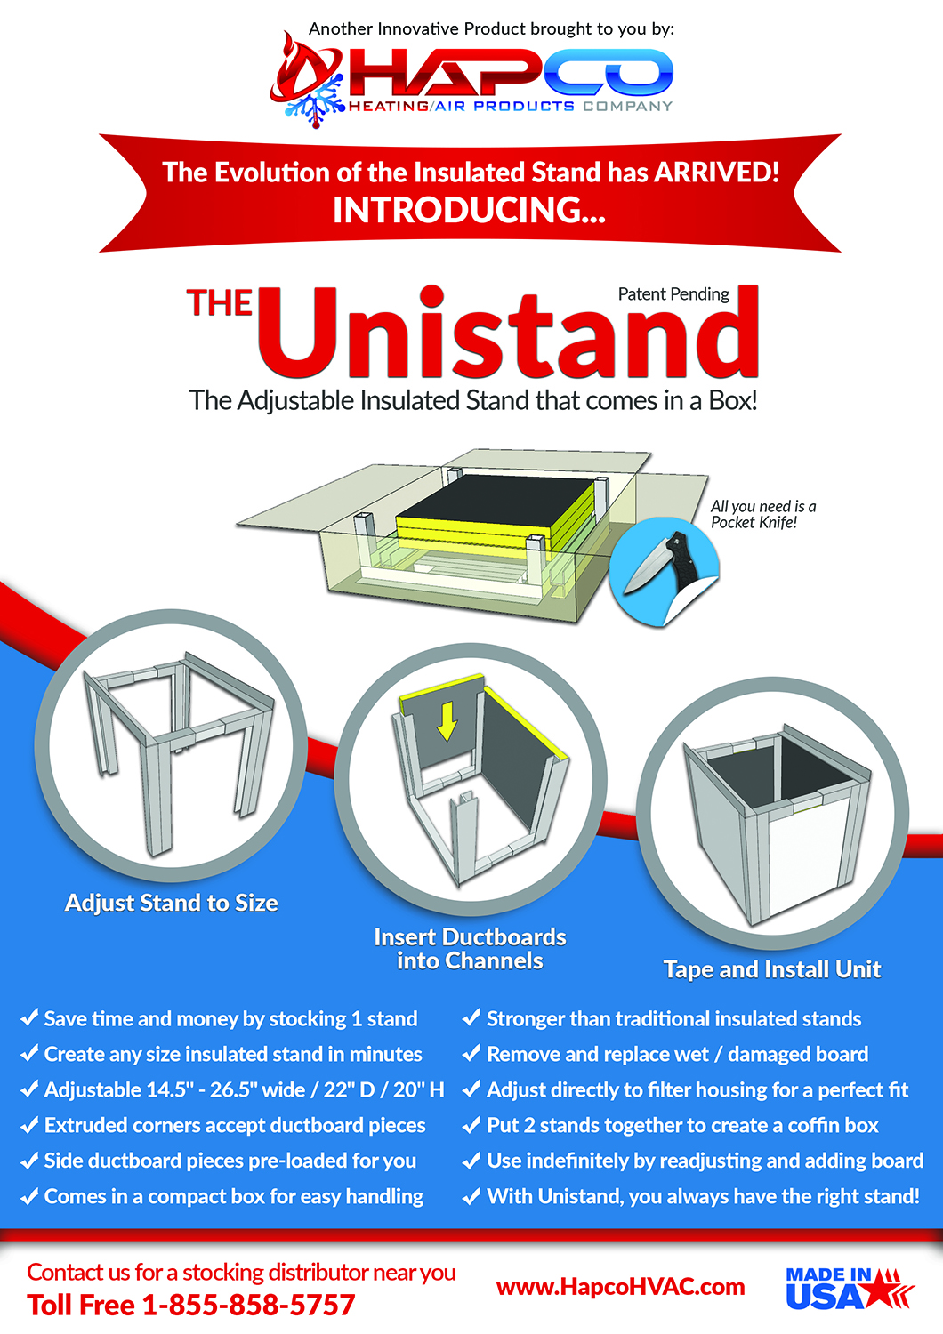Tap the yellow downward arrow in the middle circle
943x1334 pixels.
[x=447, y=721]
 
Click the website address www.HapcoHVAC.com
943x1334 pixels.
[x=620, y=1287]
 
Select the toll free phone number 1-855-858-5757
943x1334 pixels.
[x=248, y=1305]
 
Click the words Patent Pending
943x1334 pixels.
[x=673, y=294]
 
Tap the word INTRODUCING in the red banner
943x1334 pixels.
[x=469, y=211]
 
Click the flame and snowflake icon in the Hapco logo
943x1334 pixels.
[x=307, y=81]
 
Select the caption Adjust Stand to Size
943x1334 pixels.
[x=172, y=903]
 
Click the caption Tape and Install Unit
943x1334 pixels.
[x=772, y=969]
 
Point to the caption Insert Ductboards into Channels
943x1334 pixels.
[x=470, y=949]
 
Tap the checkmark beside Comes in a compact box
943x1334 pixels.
[x=29, y=1196]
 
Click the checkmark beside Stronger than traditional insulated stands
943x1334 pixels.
[x=471, y=1018]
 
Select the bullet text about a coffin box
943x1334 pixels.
[x=682, y=1125]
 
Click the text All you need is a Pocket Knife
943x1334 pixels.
[x=762, y=514]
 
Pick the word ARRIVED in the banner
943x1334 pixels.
[x=716, y=172]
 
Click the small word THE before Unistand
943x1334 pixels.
[x=220, y=303]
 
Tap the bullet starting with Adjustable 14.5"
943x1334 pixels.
[x=244, y=1089]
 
